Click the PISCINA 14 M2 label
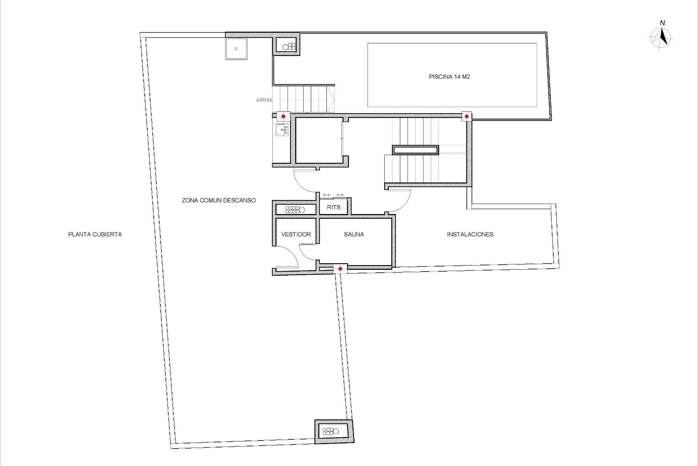449,77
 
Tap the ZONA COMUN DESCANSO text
218,200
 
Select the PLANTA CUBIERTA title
95,234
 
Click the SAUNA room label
354,234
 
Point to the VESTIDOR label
296,234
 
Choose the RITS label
333,208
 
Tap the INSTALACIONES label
470,234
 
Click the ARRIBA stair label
264,100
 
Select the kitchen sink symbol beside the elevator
282,129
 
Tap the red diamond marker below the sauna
340,269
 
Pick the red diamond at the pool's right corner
466,116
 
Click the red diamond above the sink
283,116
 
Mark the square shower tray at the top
236,49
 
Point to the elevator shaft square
318,140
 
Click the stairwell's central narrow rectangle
415,150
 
